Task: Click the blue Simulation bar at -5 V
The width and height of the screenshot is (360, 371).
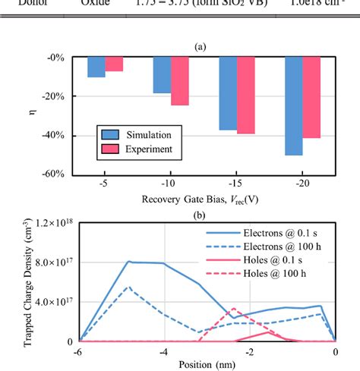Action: pos(96,67)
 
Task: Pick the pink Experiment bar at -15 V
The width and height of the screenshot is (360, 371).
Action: pos(245,95)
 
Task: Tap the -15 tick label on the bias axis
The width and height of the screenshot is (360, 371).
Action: pos(236,184)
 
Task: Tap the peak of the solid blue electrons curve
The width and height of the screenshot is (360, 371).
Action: pos(130,262)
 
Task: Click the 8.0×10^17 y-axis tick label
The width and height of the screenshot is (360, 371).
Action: pos(49,262)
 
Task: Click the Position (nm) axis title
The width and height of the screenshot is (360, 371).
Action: pos(207,366)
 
